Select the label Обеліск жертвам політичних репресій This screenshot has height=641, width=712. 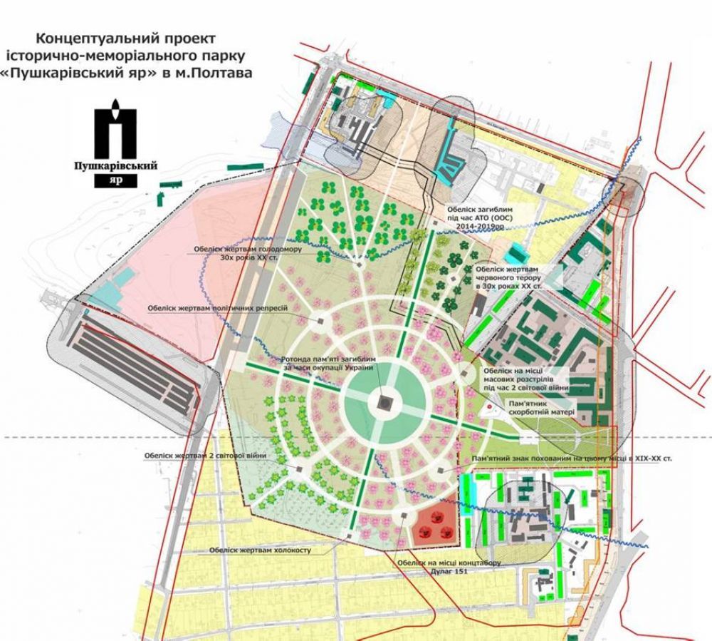[217, 308]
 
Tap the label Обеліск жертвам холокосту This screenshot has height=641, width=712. [261, 550]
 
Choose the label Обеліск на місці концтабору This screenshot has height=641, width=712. [450, 562]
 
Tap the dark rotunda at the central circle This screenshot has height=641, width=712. [382, 404]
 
